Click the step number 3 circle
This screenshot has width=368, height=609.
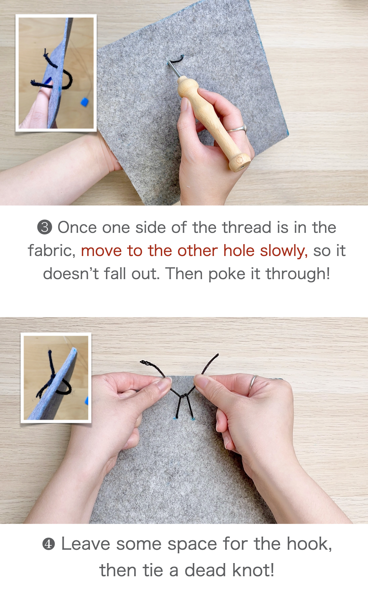click(x=45, y=227)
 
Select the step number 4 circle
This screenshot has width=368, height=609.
click(x=48, y=544)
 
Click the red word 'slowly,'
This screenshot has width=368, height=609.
click(x=283, y=251)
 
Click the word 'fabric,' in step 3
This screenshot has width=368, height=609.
click(x=51, y=251)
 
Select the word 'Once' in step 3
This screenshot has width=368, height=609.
click(x=77, y=227)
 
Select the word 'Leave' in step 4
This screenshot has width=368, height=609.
click(x=86, y=544)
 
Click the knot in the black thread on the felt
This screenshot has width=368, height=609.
click(x=183, y=396)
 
